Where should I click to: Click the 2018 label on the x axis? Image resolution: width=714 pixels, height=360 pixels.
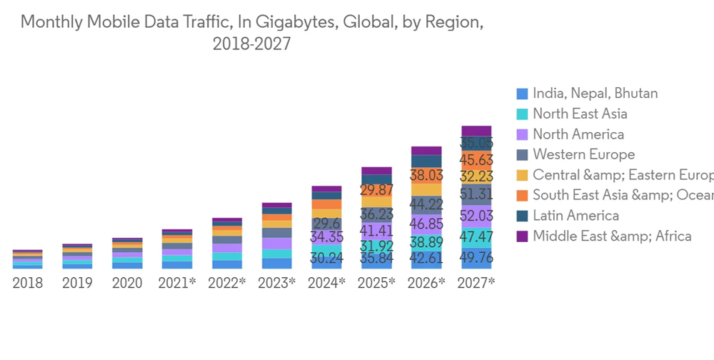[28, 283]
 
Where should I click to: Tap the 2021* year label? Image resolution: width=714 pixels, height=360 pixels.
[177, 283]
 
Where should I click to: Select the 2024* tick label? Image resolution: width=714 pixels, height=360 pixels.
[326, 283]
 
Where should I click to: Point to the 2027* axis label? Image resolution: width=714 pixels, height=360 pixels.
[476, 283]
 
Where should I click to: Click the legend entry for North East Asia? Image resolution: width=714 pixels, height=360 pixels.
[580, 114]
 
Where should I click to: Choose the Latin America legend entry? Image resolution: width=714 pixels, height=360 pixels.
[575, 216]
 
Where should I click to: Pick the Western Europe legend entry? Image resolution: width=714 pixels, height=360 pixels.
[583, 154]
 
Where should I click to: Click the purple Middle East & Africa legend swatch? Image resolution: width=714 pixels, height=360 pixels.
[522, 236]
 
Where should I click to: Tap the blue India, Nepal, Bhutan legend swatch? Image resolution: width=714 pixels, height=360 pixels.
[522, 94]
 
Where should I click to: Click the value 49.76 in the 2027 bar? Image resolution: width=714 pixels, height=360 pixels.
[476, 258]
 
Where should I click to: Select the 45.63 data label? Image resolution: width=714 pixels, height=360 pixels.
[476, 159]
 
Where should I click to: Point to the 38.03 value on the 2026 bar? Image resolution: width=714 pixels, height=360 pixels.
[426, 175]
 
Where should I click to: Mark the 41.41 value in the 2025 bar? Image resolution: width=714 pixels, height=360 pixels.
[376, 231]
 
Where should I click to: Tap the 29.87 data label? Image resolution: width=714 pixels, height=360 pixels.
[376, 190]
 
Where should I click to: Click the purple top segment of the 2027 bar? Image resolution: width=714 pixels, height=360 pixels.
[476, 131]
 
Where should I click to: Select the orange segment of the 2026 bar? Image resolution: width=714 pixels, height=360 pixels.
[426, 176]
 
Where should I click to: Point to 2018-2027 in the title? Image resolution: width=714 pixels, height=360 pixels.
[251, 44]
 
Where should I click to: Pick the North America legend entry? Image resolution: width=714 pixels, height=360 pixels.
[578, 134]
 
